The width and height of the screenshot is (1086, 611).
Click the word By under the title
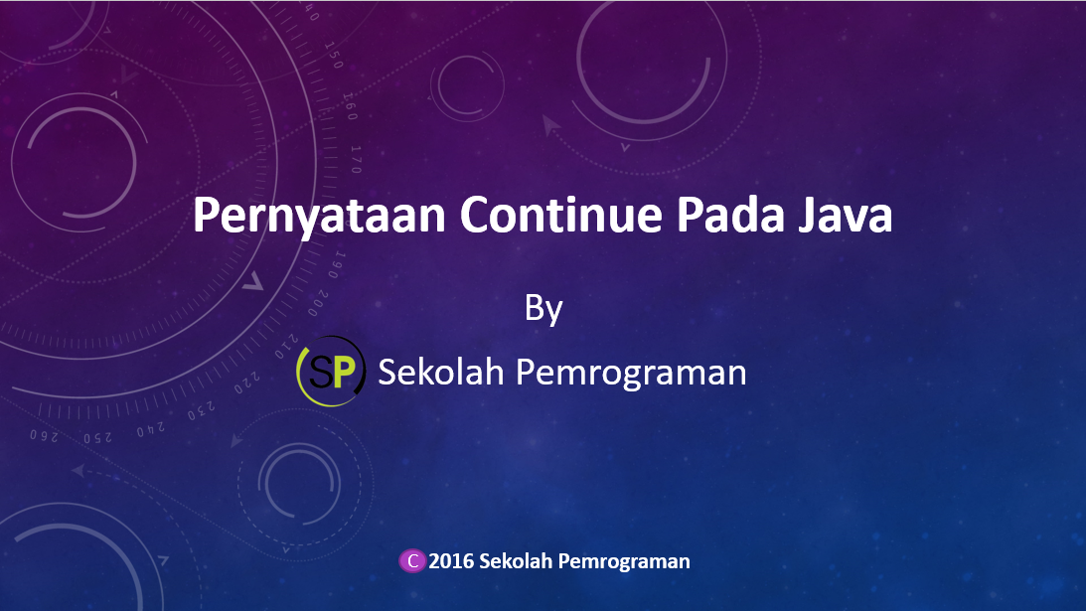coord(543,309)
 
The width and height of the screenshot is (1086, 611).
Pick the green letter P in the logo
coord(343,373)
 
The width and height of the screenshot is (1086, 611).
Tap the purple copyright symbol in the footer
coord(411,561)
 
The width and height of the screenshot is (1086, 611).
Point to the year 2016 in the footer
coord(451,561)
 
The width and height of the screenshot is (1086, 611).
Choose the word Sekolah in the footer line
coord(515,561)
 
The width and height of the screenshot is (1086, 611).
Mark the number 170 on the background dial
coord(355,158)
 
